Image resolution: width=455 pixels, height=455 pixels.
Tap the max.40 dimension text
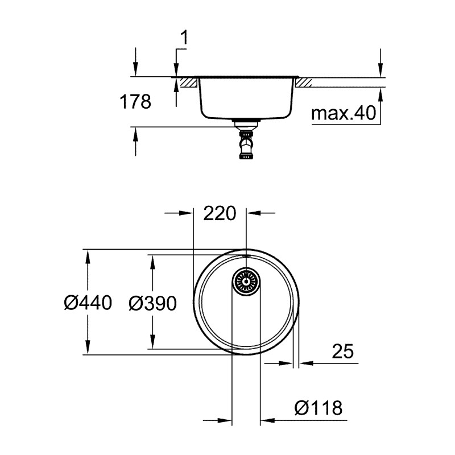[344, 114]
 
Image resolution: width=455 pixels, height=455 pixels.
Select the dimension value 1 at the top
[183, 38]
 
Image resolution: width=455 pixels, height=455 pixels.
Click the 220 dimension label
[220, 214]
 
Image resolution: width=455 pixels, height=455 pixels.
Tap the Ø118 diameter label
[318, 407]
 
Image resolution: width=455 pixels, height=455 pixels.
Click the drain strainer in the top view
[246, 281]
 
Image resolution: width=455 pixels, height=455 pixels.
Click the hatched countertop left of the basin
[188, 82]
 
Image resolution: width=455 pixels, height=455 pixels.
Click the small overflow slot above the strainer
[246, 257]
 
